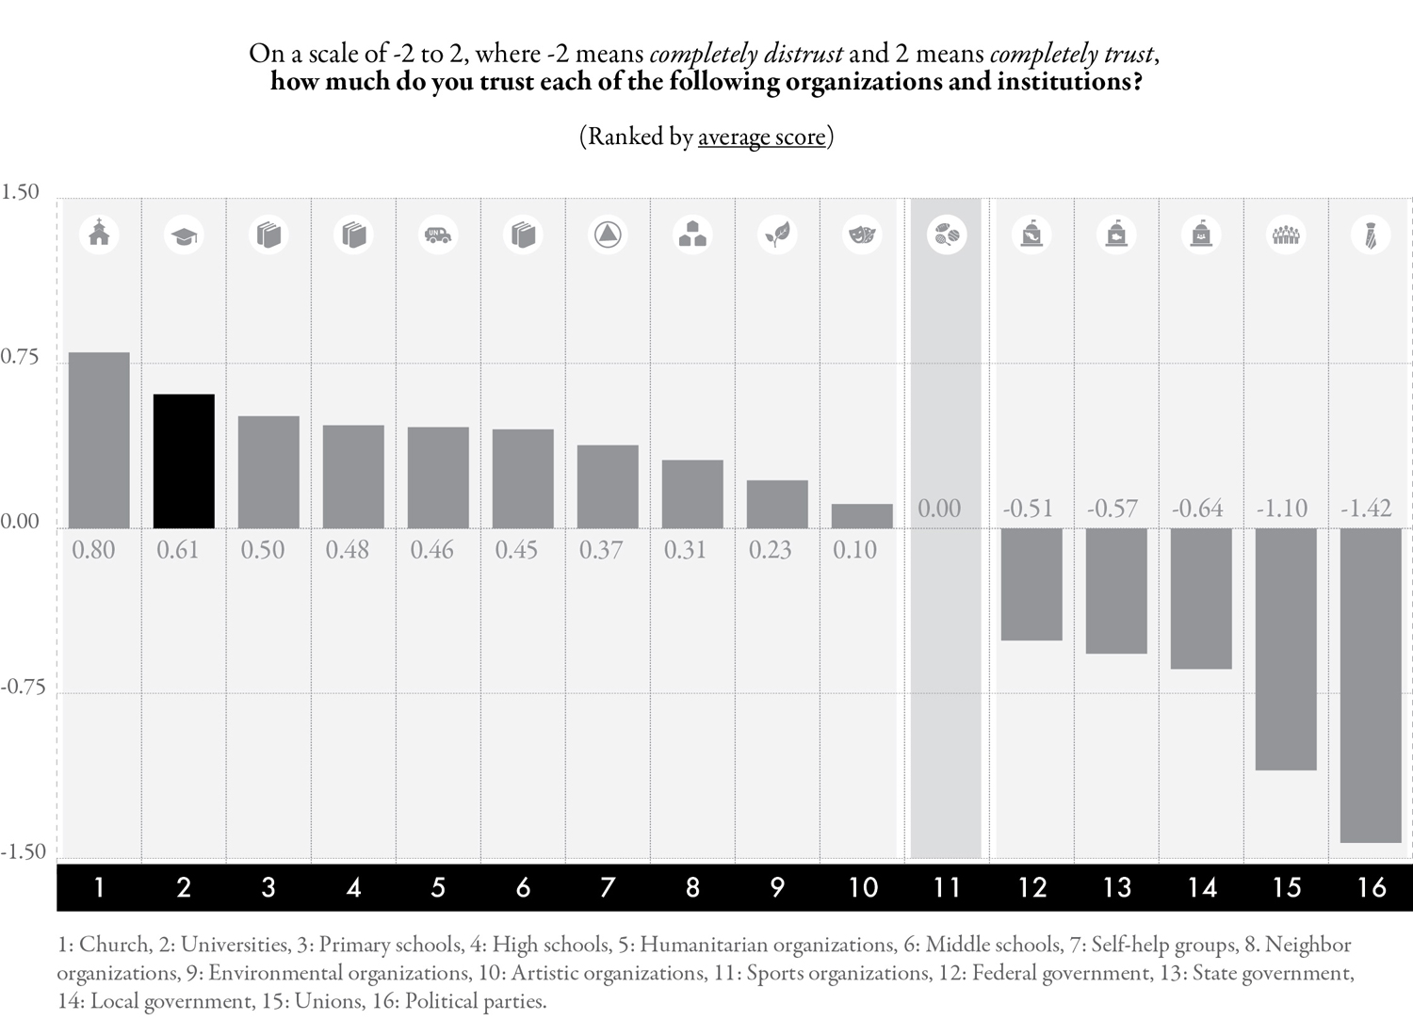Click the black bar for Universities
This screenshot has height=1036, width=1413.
[184, 461]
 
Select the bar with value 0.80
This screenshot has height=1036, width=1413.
[99, 440]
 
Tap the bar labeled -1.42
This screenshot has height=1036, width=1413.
[1371, 686]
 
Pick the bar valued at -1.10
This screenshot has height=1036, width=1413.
[1286, 649]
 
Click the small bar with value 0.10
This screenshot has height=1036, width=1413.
[862, 516]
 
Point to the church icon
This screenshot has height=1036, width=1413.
[99, 235]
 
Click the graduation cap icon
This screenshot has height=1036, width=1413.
[184, 235]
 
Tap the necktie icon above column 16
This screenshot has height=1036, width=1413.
[1371, 235]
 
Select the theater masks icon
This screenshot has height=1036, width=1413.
[862, 235]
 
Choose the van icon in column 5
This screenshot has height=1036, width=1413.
[438, 235]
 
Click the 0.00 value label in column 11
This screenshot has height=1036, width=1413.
[938, 509]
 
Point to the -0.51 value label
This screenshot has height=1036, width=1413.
[1028, 509]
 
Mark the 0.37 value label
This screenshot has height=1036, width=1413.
[601, 550]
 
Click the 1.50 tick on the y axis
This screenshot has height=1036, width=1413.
[20, 192]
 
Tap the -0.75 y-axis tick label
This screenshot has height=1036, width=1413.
[24, 687]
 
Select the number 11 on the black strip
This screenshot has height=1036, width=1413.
[946, 887]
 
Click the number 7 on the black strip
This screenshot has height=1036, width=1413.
[608, 887]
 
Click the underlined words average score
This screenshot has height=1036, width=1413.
[761, 137]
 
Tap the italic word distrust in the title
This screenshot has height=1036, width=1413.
[803, 55]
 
